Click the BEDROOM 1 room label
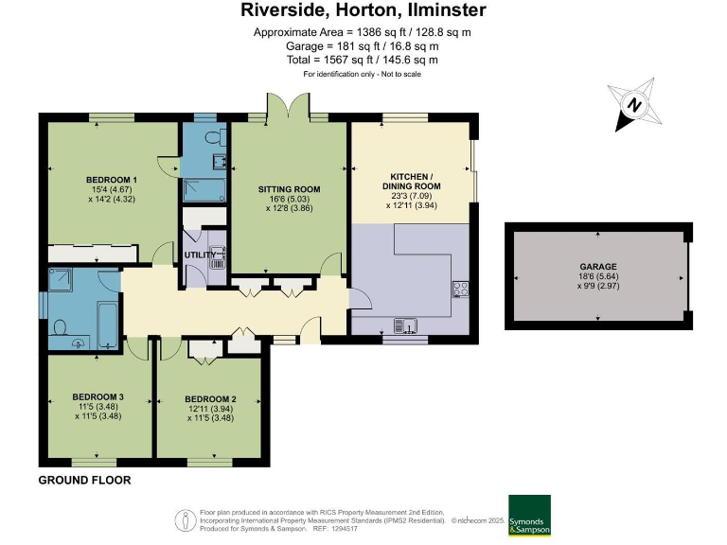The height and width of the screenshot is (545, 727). coord(112,180)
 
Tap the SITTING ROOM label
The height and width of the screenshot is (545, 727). coord(289,189)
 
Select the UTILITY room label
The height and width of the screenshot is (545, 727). coord(200,255)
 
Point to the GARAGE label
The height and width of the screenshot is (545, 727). coord(598,267)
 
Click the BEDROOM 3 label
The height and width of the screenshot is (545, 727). coord(98,396)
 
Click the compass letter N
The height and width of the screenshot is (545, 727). coord(634,105)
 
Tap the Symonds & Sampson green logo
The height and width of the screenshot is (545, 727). coord(529,516)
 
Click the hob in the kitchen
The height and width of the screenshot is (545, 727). coord(460,290)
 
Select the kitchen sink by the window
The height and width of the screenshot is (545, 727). coord(405,325)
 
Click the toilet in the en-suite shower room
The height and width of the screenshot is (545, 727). coord(216,137)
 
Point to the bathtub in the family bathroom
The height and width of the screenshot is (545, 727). coord(108,325)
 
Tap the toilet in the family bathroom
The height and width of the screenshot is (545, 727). coord(61,327)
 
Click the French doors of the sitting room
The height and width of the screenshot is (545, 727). coord(289,105)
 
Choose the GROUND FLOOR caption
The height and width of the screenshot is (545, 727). coord(84,480)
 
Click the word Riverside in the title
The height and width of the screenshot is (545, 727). coord(284,10)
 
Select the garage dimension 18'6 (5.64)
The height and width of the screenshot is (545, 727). coord(598,276)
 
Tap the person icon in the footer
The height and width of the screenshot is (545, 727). coord(186,521)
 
